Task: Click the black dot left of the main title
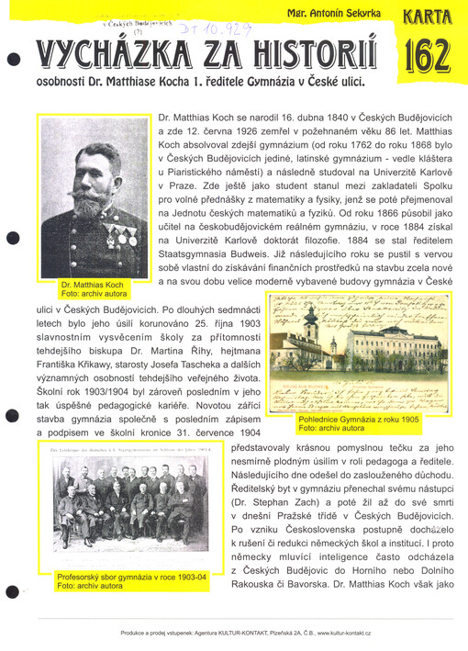[x=12, y=60]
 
